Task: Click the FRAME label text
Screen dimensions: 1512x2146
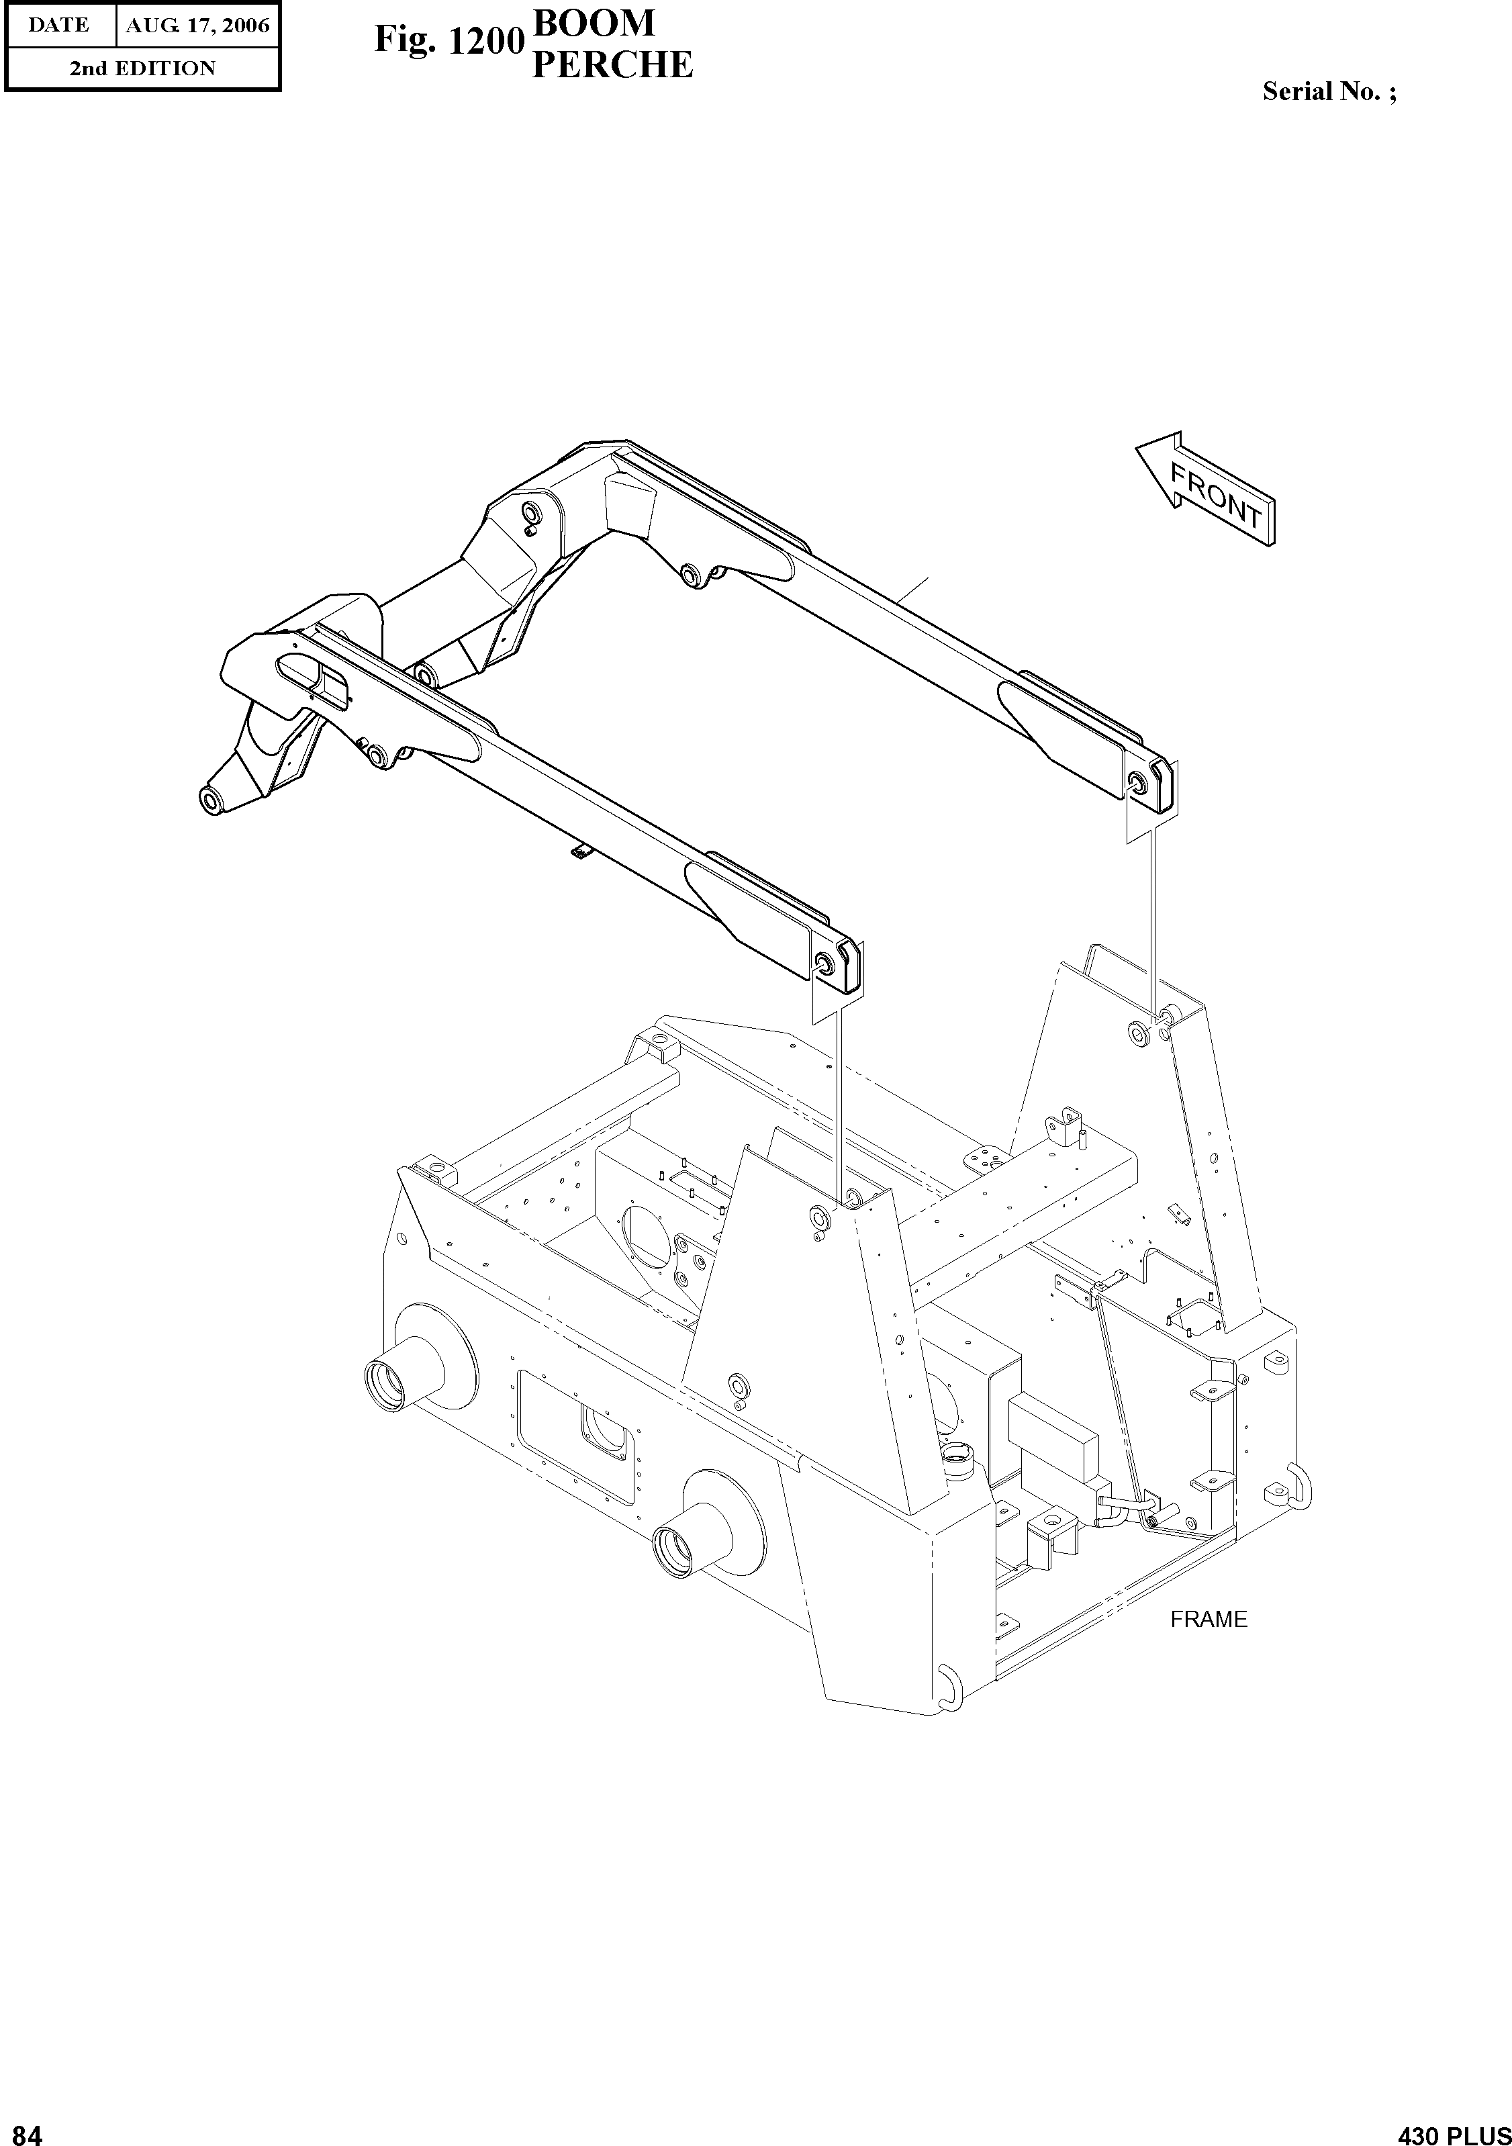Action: click(x=1209, y=1619)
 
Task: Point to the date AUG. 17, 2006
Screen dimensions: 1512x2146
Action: click(x=197, y=26)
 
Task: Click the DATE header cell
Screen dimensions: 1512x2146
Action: click(x=59, y=26)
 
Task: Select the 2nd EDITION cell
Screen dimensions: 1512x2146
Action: click(x=142, y=68)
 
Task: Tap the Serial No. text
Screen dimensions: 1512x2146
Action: click(x=1329, y=91)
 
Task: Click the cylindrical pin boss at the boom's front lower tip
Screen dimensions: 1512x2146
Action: click(x=210, y=799)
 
